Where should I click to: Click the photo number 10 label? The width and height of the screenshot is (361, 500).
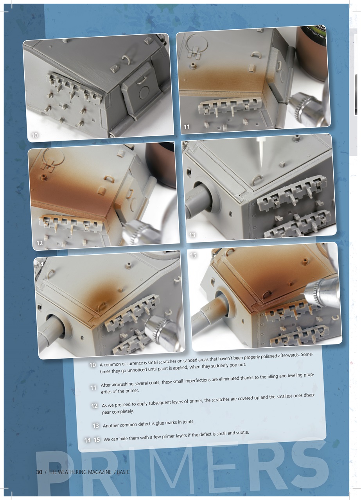point(34,135)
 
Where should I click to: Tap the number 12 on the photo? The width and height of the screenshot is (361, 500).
point(40,243)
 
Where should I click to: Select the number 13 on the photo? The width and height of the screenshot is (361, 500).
point(192,235)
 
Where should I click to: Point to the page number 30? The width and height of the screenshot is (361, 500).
point(39,472)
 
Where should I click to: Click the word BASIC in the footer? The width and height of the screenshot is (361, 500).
point(123,472)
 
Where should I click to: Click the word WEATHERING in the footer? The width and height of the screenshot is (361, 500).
point(75,472)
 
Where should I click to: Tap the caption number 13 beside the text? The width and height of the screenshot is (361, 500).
point(95,426)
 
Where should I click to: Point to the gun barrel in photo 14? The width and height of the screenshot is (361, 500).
point(49,337)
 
